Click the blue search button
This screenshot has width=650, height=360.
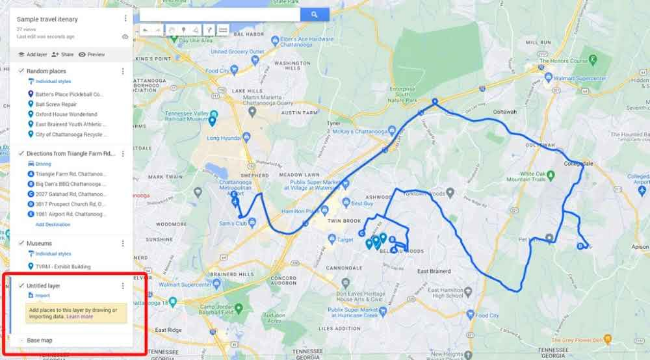[314, 14]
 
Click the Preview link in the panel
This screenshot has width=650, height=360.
[96, 55]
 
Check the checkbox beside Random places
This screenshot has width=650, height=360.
[21, 71]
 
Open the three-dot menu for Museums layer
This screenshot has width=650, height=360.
[123, 244]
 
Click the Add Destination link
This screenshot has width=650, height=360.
[53, 224]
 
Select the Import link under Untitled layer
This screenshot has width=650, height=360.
[42, 295]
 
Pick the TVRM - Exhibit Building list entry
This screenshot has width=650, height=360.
[63, 266]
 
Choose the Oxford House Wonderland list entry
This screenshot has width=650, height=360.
[66, 114]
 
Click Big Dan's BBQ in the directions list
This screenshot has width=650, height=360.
[70, 184]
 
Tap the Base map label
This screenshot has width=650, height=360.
[40, 341]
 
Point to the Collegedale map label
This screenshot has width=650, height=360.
[579, 164]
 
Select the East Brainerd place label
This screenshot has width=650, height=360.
[434, 271]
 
